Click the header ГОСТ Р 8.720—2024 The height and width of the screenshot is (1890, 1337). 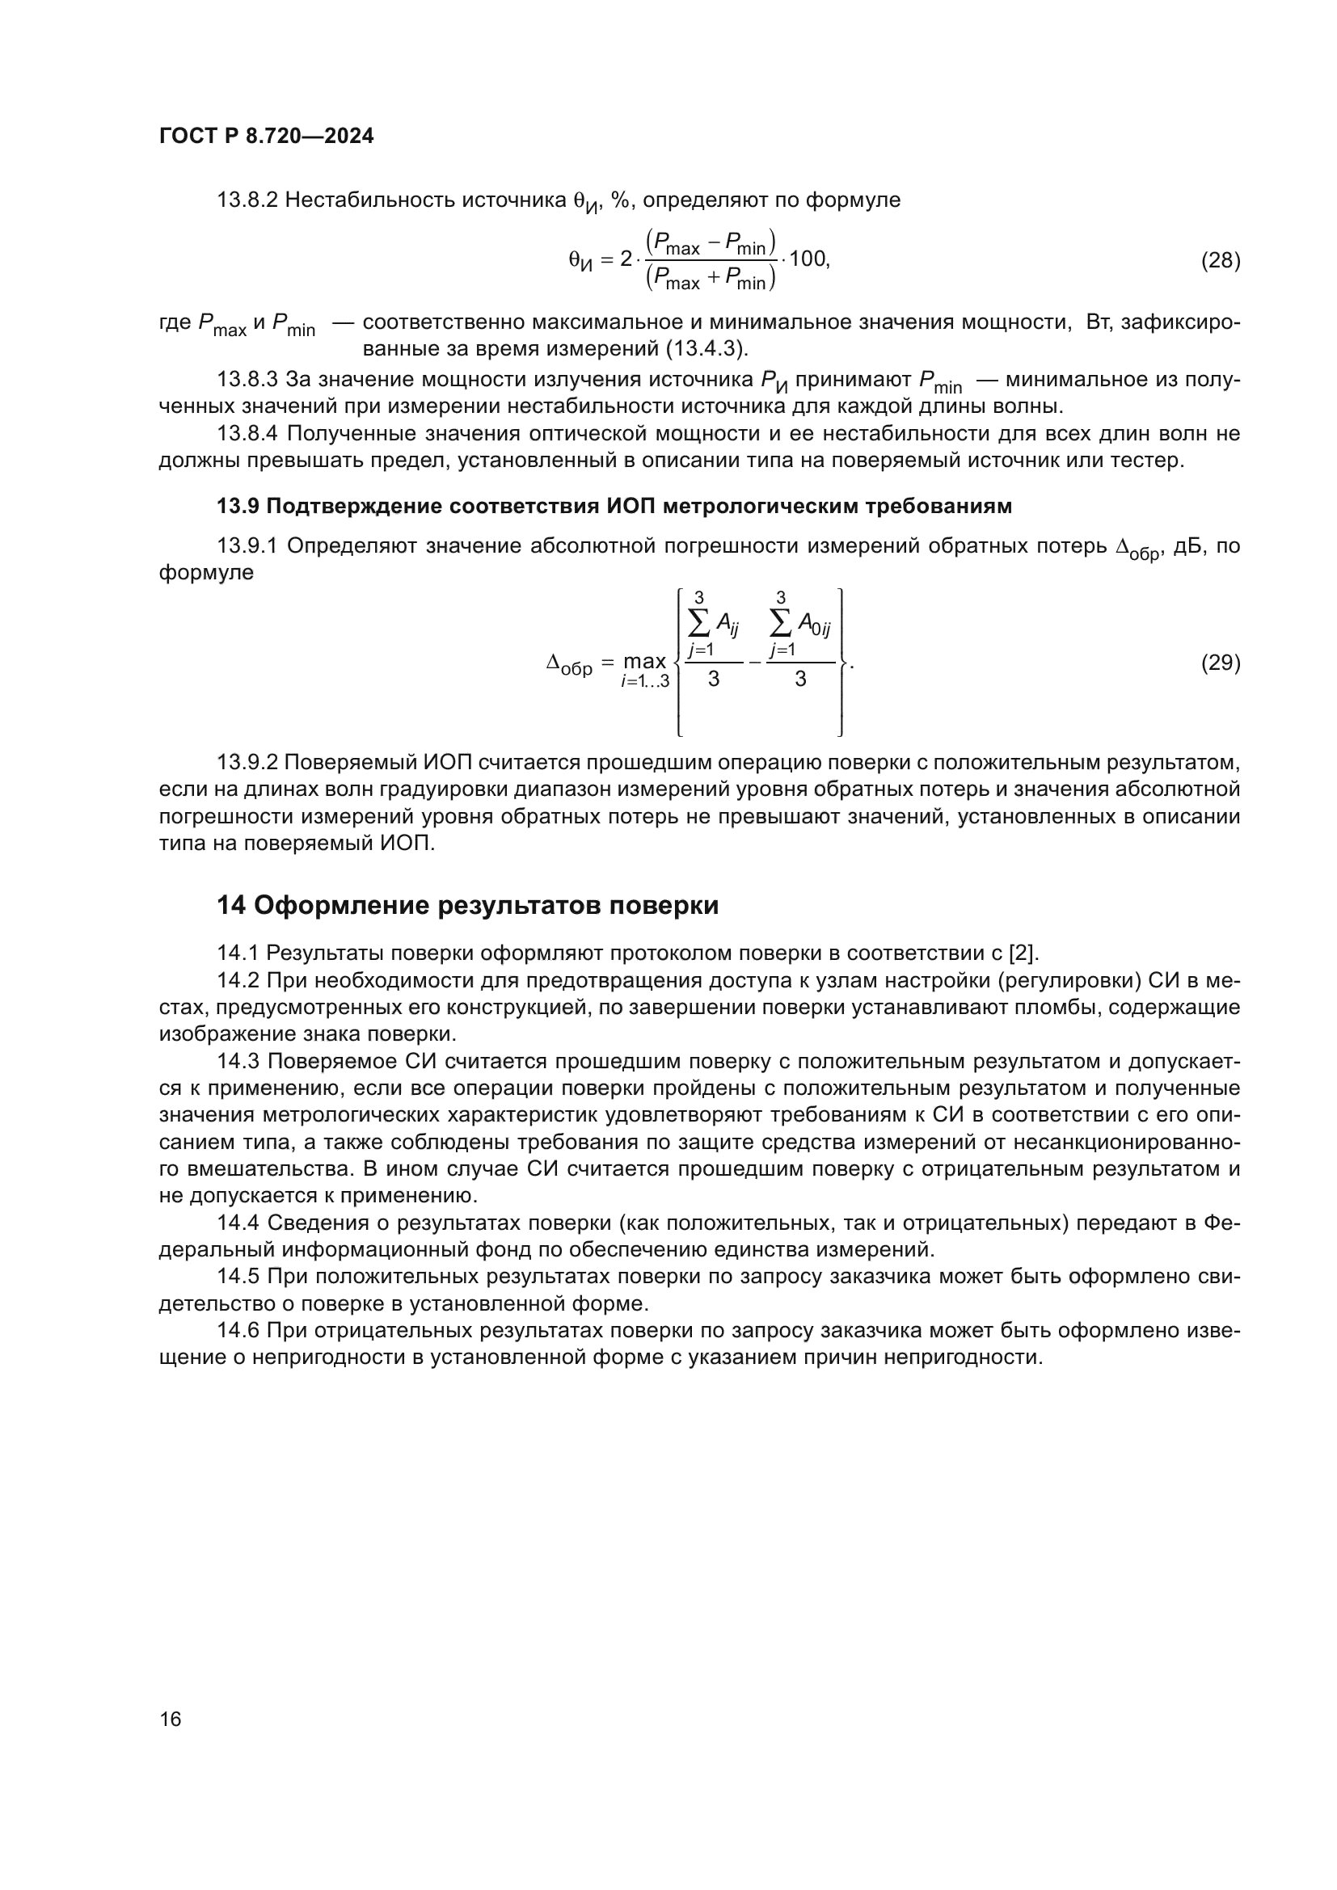click(x=266, y=137)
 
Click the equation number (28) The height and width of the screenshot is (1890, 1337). click(x=1220, y=261)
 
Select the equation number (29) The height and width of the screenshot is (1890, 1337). click(x=1220, y=663)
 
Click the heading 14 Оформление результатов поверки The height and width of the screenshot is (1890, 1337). click(x=467, y=906)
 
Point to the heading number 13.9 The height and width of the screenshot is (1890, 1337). click(x=238, y=507)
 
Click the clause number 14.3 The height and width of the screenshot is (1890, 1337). click(x=238, y=1062)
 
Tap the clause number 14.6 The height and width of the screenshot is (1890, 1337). click(x=238, y=1331)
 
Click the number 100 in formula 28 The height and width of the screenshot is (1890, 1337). click(x=808, y=259)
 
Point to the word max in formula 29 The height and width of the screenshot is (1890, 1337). click(x=643, y=661)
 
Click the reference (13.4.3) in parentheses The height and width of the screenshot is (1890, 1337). click(x=706, y=349)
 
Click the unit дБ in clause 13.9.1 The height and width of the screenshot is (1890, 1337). click(x=1187, y=546)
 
